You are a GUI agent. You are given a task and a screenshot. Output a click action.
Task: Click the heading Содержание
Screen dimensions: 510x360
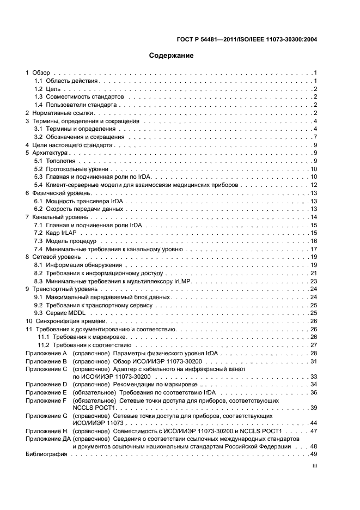pyautogui.click(x=172, y=56)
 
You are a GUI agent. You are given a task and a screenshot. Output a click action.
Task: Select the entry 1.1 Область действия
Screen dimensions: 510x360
pyautogui.click(x=66, y=81)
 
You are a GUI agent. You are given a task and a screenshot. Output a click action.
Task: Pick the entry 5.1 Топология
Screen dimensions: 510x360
pyautogui.click(x=56, y=161)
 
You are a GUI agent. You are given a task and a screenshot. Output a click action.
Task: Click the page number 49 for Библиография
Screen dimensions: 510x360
pyautogui.click(x=314, y=454)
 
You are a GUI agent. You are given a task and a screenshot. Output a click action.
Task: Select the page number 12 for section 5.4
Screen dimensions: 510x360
pyautogui.click(x=314, y=185)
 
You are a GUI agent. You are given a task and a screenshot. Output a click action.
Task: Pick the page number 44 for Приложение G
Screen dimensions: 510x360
pyautogui.click(x=314, y=422)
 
